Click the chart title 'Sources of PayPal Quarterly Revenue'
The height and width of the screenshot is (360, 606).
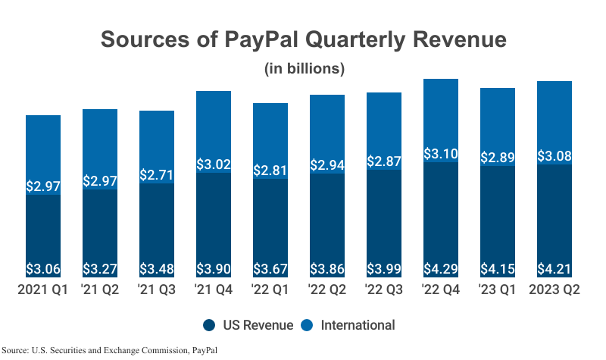pyautogui.click(x=303, y=39)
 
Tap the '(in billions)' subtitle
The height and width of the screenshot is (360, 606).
pyautogui.click(x=304, y=68)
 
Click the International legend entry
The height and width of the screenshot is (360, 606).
pyautogui.click(x=349, y=325)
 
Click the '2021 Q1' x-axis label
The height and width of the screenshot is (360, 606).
pyautogui.click(x=43, y=290)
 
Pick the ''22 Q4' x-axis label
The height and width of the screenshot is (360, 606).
pyautogui.click(x=441, y=290)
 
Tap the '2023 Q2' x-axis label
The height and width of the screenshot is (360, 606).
pyautogui.click(x=554, y=290)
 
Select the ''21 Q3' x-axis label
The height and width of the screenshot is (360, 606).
pyautogui.click(x=157, y=290)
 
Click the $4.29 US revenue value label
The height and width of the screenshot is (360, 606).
pyautogui.click(x=441, y=268)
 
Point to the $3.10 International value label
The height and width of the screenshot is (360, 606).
pyautogui.click(x=441, y=154)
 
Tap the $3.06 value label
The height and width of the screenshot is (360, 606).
pyautogui.click(x=43, y=268)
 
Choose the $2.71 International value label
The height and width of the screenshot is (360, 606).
pyautogui.click(x=157, y=175)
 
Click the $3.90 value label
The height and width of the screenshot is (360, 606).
pyautogui.click(x=214, y=268)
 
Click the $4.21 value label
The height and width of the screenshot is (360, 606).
pyautogui.click(x=554, y=268)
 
